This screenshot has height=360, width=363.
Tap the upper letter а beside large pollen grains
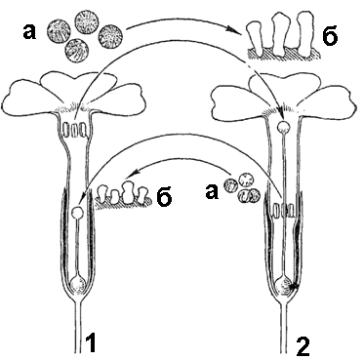pos(30,32)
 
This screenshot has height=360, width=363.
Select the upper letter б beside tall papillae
pos(330,36)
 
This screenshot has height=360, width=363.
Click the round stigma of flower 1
pos(78,213)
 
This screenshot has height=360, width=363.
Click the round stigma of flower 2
pos(283,126)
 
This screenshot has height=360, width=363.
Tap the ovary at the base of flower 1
pos(78,284)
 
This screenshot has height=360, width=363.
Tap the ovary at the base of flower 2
pos(284,287)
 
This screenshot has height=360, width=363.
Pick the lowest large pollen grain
pos(75,51)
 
